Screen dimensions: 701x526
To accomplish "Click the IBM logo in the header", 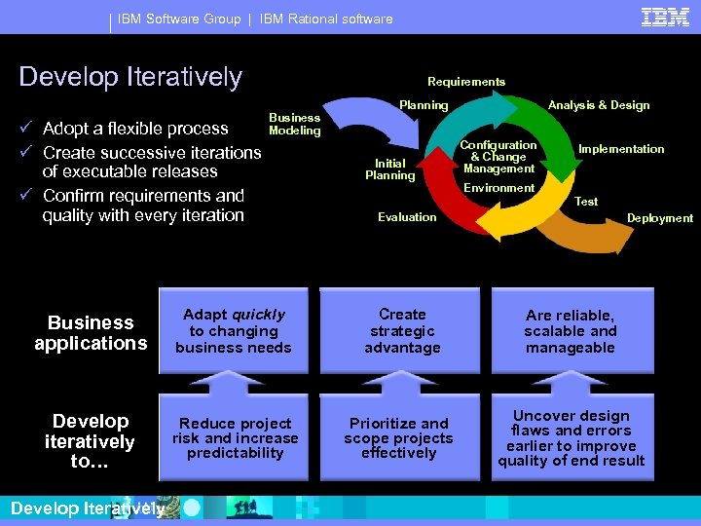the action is pyautogui.click(x=665, y=17).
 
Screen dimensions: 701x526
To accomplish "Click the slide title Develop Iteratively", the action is pyautogui.click(x=130, y=76).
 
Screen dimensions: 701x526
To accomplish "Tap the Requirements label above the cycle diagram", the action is pyautogui.click(x=466, y=82).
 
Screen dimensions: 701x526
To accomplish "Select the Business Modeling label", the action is pyautogui.click(x=294, y=124).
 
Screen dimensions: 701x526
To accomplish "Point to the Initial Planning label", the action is pyautogui.click(x=389, y=169).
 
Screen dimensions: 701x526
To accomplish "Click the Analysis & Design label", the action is pyautogui.click(x=599, y=105).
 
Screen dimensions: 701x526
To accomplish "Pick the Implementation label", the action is pyautogui.click(x=621, y=149).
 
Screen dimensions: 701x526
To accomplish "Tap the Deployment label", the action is pyautogui.click(x=660, y=218).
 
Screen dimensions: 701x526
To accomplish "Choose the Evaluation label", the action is pyautogui.click(x=407, y=217).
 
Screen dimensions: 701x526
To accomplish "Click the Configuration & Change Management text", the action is pyautogui.click(x=498, y=157).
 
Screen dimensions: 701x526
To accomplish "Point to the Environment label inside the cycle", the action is pyautogui.click(x=499, y=188).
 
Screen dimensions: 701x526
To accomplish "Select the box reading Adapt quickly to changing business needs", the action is pyautogui.click(x=234, y=331).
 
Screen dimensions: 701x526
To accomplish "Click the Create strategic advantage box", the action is pyautogui.click(x=402, y=331).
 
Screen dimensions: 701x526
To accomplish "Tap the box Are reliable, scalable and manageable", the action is pyautogui.click(x=571, y=331).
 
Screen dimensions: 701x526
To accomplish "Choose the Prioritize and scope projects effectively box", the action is pyautogui.click(x=399, y=438).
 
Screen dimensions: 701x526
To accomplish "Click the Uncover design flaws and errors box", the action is pyautogui.click(x=571, y=438).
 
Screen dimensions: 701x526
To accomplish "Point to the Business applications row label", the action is pyautogui.click(x=91, y=332).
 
